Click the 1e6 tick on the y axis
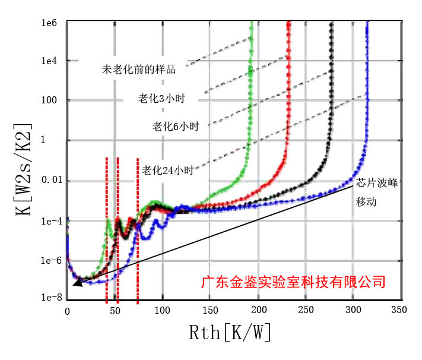[x=49, y=23]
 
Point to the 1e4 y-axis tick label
[x=49, y=61]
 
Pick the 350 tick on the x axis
[x=398, y=311]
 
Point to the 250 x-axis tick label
[x=304, y=311]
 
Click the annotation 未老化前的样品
[x=139, y=70]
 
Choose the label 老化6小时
[x=176, y=127]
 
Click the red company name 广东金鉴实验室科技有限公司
[x=293, y=280]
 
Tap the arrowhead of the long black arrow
[x=75, y=284]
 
